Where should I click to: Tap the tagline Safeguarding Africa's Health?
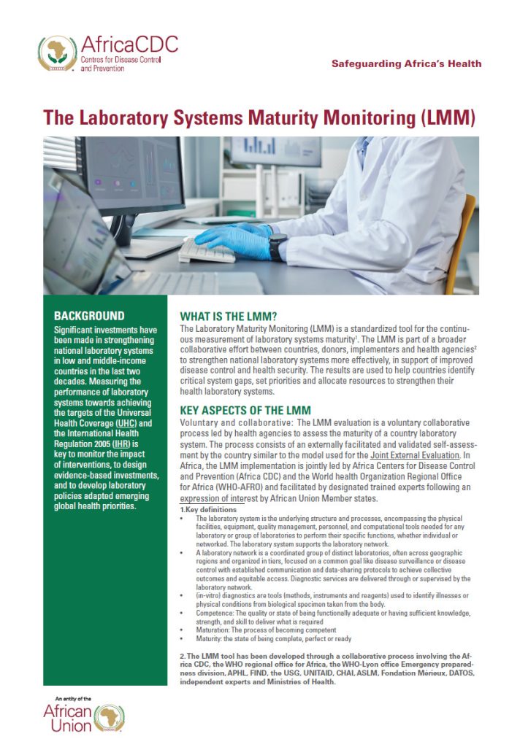tap(406, 63)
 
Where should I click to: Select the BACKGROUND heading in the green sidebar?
tap(89, 317)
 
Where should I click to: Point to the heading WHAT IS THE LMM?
tap(228, 318)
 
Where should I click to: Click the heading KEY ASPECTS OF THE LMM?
tap(245, 411)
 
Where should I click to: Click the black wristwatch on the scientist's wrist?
tap(276, 247)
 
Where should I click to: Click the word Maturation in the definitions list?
tap(208, 629)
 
